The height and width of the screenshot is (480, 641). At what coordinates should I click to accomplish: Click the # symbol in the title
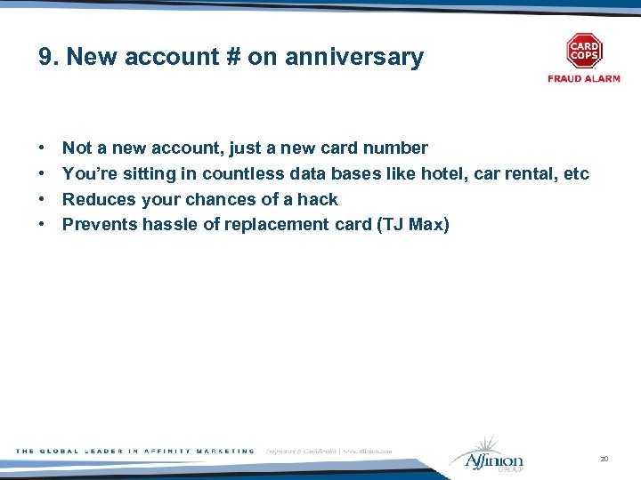(x=231, y=58)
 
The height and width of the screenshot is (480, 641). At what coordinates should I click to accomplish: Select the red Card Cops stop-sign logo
(x=584, y=52)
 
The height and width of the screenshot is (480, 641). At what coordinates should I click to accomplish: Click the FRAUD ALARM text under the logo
(x=584, y=79)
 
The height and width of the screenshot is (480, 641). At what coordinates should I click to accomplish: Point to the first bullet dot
(x=42, y=148)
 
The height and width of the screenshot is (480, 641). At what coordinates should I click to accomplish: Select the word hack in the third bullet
(x=318, y=199)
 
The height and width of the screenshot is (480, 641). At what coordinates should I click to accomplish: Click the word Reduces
(x=95, y=199)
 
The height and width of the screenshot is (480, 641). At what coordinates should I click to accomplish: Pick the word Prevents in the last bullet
(x=97, y=224)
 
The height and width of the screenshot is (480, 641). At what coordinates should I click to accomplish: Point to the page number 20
(x=604, y=459)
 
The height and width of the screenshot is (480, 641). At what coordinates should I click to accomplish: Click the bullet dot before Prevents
(x=42, y=225)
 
